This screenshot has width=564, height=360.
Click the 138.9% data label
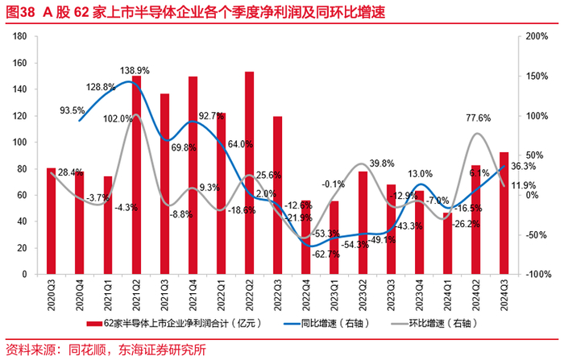tap(135, 71)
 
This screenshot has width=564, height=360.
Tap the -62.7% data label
tap(326, 254)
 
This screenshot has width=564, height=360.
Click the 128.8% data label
tap(102, 87)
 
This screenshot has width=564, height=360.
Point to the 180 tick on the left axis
tap(22, 36)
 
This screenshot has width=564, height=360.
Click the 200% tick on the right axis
tap(536, 36)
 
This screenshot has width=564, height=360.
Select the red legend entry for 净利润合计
tap(160, 324)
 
